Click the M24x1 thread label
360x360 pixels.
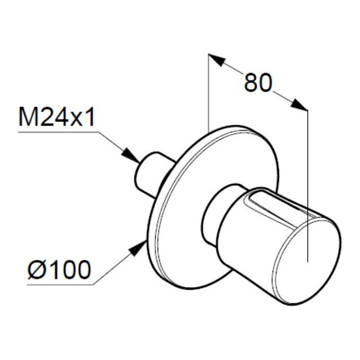[57, 117]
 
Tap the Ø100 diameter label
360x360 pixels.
[59, 269]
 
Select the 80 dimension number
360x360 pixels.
[258, 83]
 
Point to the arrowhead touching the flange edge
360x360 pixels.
[138, 248]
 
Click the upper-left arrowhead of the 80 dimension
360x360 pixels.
[217, 60]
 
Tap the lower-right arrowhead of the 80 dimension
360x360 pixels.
[299, 105]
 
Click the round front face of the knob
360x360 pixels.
[307, 261]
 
